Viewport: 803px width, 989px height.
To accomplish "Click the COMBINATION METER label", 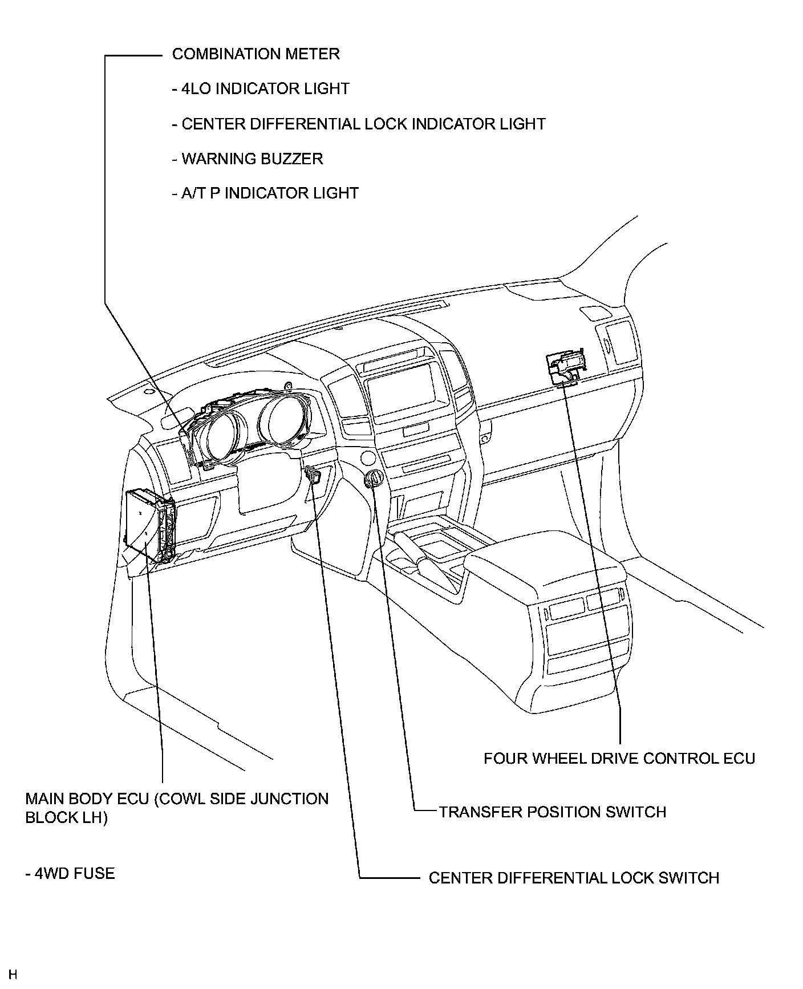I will [x=255, y=54].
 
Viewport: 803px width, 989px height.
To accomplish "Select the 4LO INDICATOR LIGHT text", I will [x=261, y=89].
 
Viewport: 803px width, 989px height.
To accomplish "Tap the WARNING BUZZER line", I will [x=248, y=159].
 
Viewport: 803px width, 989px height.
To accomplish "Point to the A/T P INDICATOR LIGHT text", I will [x=265, y=193].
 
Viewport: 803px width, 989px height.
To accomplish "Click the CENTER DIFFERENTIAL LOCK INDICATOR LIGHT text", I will [x=359, y=124].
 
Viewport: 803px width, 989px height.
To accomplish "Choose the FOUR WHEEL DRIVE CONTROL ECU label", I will [x=619, y=759].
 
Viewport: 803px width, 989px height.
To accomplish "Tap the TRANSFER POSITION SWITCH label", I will [x=553, y=812].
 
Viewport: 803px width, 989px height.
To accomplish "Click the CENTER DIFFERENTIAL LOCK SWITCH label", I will [x=574, y=878].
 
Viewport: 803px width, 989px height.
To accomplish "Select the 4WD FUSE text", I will [x=70, y=874].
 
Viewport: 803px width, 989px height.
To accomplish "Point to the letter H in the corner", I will [x=13, y=974].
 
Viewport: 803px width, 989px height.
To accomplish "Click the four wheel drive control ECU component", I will [x=565, y=367].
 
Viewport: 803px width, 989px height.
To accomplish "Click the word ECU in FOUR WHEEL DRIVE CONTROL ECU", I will [x=739, y=759].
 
